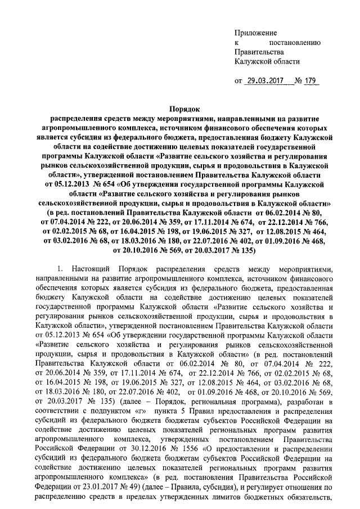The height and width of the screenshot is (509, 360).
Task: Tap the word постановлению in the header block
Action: [x=295, y=42]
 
